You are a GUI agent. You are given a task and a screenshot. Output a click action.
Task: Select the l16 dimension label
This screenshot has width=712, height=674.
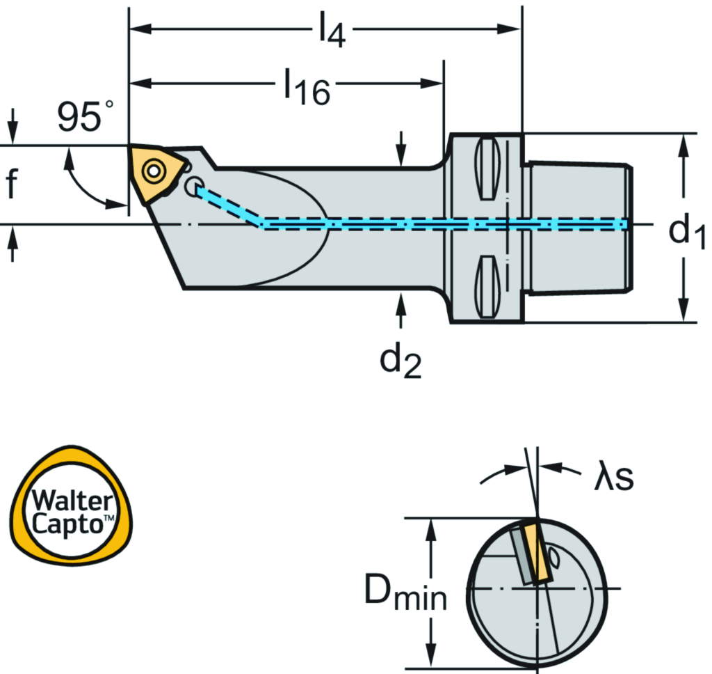coord(306,88)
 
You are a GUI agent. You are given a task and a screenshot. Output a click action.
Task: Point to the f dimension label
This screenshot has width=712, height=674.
coord(11,185)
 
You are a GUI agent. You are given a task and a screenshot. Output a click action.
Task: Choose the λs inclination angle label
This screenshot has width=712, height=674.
coord(613,478)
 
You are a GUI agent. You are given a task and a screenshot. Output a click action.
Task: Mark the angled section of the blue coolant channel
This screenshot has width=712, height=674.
coord(229,206)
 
